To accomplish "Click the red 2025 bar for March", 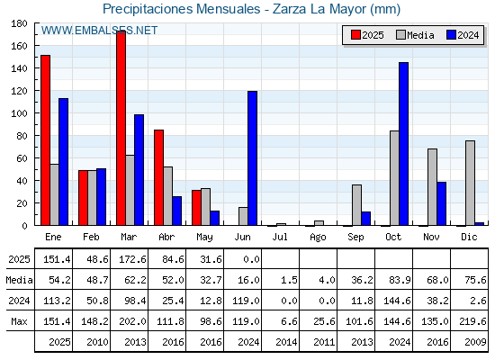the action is pyautogui.click(x=121, y=128).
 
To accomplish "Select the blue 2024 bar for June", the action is pyautogui.click(x=252, y=158).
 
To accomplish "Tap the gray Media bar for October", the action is pyautogui.click(x=394, y=178).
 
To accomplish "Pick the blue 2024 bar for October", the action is pyautogui.click(x=404, y=144).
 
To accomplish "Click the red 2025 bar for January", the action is pyautogui.click(x=46, y=140).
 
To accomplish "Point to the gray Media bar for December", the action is pyautogui.click(x=470, y=183).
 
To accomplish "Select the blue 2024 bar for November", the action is pyautogui.click(x=441, y=203).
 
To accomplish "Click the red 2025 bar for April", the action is pyautogui.click(x=158, y=177).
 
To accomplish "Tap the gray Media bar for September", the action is pyautogui.click(x=356, y=205).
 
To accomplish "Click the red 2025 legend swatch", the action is pyautogui.click(x=355, y=35).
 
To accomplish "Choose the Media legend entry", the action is pyautogui.click(x=415, y=35).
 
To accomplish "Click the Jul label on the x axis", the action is pyautogui.click(x=280, y=237).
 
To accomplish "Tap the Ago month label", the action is pyautogui.click(x=318, y=238).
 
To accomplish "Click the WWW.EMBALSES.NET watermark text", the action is pyautogui.click(x=99, y=31).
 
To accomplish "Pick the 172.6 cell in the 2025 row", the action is pyautogui.click(x=133, y=259).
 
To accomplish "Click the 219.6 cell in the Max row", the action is pyautogui.click(x=472, y=321).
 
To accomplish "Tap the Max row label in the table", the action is pyautogui.click(x=19, y=321).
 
